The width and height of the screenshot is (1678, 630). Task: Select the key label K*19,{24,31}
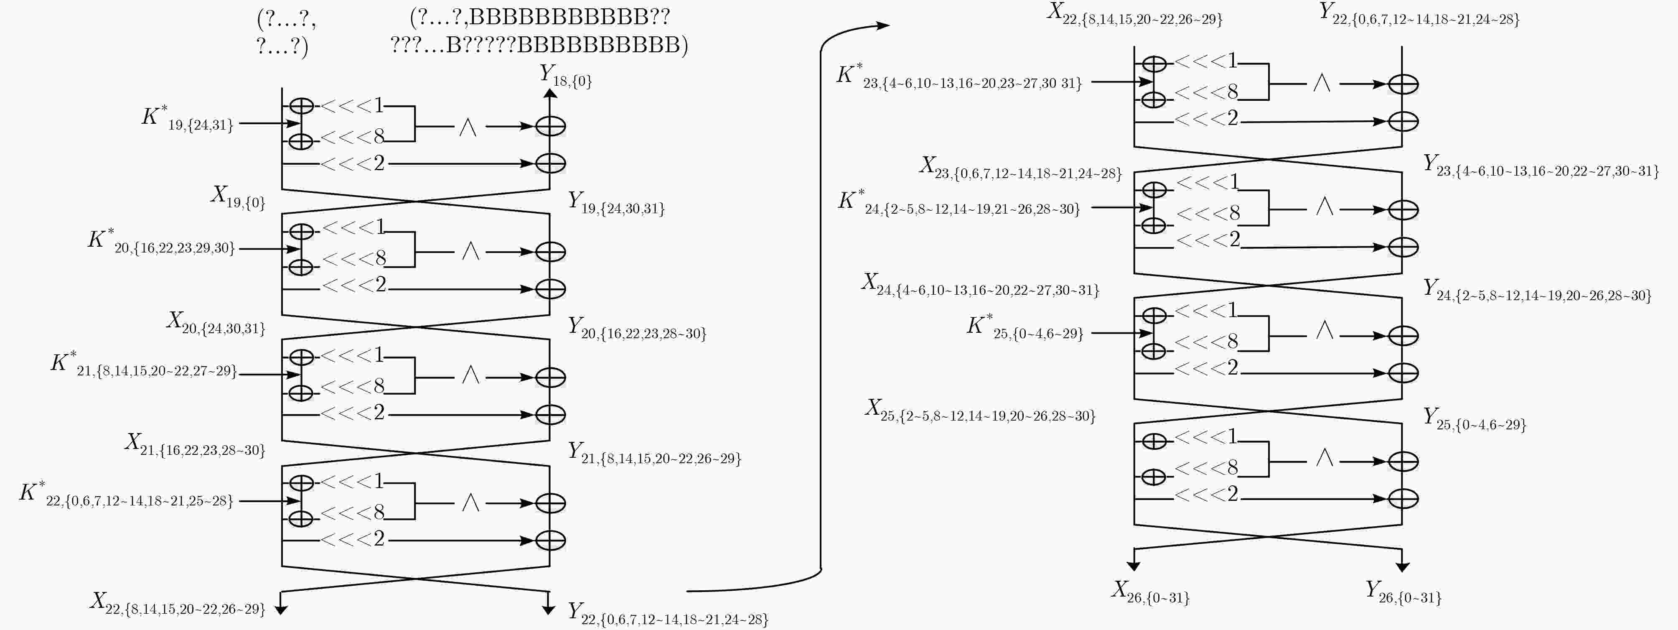[x=188, y=119]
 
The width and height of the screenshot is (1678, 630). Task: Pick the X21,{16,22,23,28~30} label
[x=196, y=445]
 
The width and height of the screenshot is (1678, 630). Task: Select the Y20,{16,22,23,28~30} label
[x=637, y=328]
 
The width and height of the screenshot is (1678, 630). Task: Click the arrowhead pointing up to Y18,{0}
[x=550, y=94]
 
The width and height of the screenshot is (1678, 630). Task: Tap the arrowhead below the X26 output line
[x=1134, y=567]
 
